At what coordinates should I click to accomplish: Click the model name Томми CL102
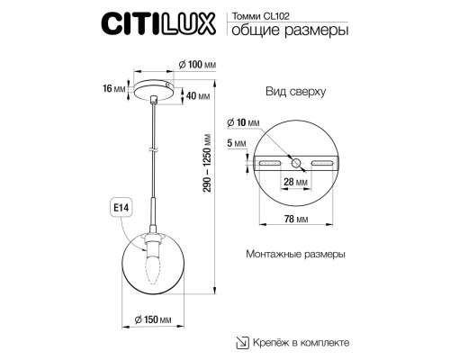[266, 15]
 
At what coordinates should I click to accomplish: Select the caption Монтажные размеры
[295, 255]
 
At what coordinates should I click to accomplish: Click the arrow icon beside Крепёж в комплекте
[241, 342]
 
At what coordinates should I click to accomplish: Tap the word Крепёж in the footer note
[272, 343]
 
